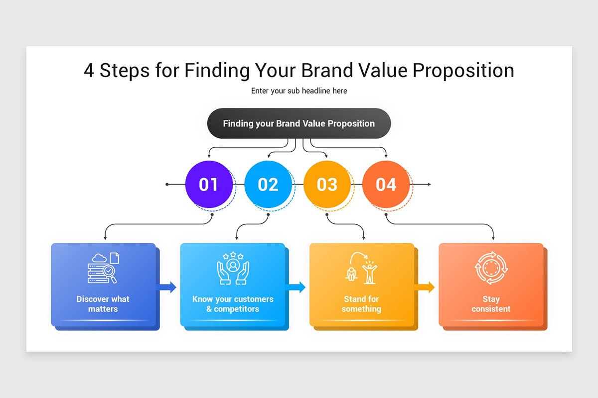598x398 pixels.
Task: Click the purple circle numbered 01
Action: click(209, 184)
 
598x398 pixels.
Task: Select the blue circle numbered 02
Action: click(268, 184)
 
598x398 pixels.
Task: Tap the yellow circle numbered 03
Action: click(327, 184)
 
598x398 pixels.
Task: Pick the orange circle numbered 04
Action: click(386, 184)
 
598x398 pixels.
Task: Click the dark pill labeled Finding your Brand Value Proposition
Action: click(299, 123)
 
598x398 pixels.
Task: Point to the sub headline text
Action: click(299, 91)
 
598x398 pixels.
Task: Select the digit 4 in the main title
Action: click(89, 70)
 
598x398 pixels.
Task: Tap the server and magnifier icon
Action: click(103, 268)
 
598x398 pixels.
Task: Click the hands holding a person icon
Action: click(233, 268)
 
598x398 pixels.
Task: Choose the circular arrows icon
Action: click(491, 268)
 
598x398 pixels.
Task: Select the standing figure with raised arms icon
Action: click(370, 273)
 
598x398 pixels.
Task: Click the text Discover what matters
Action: click(103, 304)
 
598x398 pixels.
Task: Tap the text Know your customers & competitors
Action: click(233, 304)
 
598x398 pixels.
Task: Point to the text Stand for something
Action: click(361, 304)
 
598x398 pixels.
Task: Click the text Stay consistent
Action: click(491, 304)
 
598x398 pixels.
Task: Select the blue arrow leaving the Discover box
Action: click(166, 287)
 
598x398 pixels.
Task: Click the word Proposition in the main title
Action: click(463, 71)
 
